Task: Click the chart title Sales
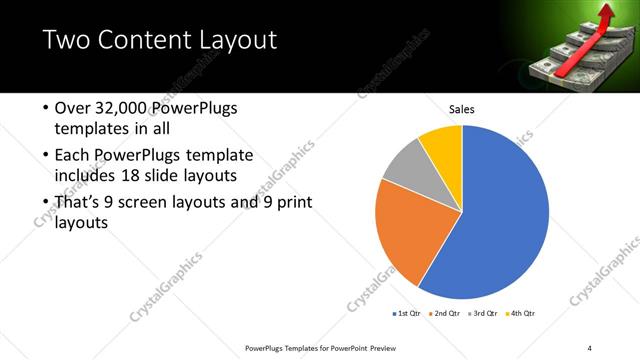point(461,110)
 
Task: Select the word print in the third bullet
point(294,203)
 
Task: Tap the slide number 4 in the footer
point(589,348)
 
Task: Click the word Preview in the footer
point(377,348)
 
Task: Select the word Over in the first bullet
point(71,108)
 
